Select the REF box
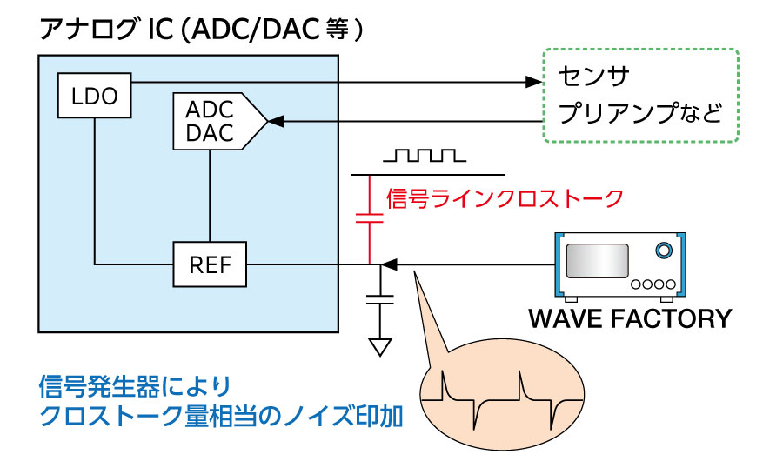(x=211, y=264)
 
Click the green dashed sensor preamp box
(x=639, y=96)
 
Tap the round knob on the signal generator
(x=664, y=251)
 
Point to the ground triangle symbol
(x=380, y=346)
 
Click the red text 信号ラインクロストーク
(x=504, y=198)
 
